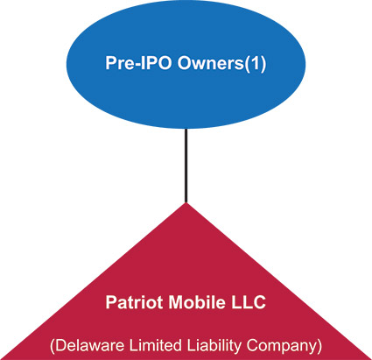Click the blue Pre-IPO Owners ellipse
(186, 64)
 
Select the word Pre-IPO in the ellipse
(138, 63)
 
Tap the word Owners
(210, 63)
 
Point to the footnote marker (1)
(255, 64)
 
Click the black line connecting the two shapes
(186, 166)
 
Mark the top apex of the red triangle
(186, 203)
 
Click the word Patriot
(134, 302)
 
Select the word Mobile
(197, 302)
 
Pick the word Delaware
(89, 345)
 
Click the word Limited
(155, 345)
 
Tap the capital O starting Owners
(185, 63)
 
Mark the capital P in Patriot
(111, 302)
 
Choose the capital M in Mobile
(176, 302)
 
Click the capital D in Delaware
(60, 345)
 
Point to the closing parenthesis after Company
(319, 347)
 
